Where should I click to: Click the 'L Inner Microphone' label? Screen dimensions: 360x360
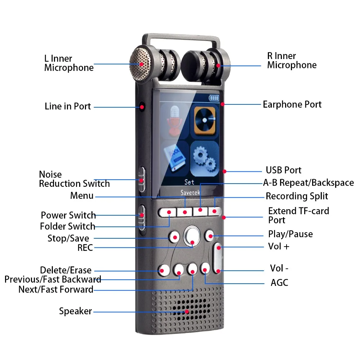click(69, 63)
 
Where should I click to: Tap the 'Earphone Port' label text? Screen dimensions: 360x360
click(292, 104)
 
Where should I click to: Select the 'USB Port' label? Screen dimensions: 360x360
click(284, 170)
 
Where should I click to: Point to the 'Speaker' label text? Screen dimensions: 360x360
click(76, 311)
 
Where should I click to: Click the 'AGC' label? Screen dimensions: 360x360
click(279, 283)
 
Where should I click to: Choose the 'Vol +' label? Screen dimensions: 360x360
click(279, 247)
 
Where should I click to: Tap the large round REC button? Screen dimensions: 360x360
click(192, 236)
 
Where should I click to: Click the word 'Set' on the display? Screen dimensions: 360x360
click(189, 182)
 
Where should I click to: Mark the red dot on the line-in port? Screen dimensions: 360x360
click(142, 107)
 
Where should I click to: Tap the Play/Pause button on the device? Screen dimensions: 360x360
click(210, 236)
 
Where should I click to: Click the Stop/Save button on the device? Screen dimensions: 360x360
click(175, 237)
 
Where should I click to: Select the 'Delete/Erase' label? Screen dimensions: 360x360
click(66, 270)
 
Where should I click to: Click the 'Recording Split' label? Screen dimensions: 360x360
click(297, 196)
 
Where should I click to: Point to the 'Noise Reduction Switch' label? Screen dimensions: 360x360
click(74, 179)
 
